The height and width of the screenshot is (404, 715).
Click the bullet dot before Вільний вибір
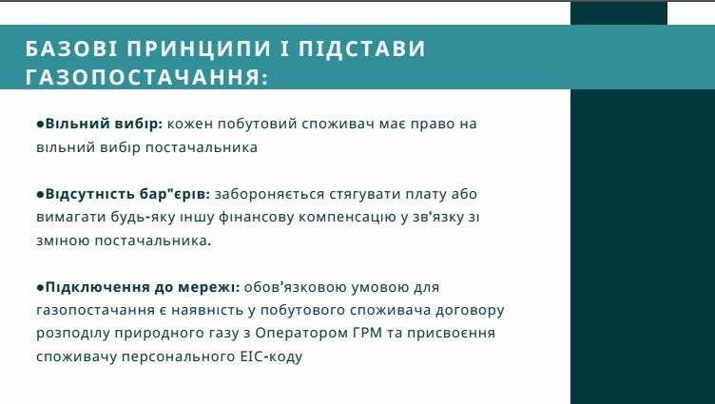40,125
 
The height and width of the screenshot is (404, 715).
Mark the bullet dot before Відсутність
40,194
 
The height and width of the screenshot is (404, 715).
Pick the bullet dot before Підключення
40,287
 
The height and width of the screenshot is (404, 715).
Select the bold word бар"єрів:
176,194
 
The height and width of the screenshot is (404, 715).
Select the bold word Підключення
91,287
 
